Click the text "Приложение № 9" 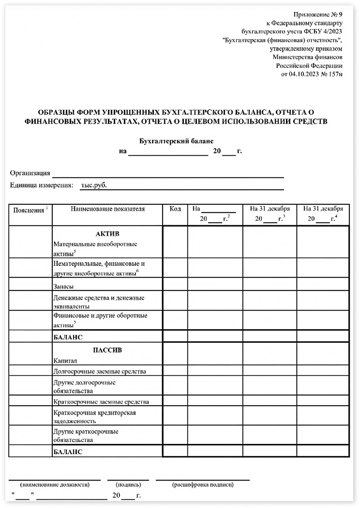pos(318,15)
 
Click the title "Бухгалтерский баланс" pos(176,141)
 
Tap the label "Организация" pos(30,173)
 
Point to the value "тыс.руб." pos(94,185)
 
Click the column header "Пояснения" pos(29,210)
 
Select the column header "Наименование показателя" pos(107,209)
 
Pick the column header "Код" pos(175,209)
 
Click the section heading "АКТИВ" pos(107,234)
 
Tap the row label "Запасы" pos(64,286)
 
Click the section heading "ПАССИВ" pos(107,350)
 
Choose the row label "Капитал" pos(65,361)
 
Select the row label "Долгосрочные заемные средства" pos(100,371)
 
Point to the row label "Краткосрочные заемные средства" pos(101,402)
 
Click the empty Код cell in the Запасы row pos(175,284)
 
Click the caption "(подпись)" pos(128,484)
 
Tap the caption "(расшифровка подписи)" pos(203,484)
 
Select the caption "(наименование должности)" pos(55,484)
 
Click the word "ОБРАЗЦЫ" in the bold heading pos(56,112)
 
